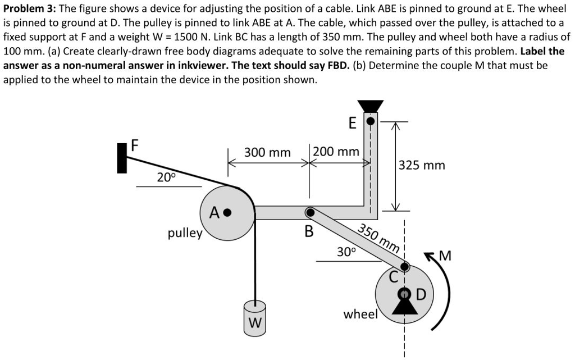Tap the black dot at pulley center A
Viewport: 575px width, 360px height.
[227, 213]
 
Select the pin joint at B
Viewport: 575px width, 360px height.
[309, 212]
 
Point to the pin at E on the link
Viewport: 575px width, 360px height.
[370, 120]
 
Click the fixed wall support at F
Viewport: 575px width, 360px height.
[122, 158]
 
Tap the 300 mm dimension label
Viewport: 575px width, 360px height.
[267, 153]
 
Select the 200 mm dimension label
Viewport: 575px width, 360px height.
[336, 152]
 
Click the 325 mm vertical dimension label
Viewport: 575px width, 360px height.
[421, 165]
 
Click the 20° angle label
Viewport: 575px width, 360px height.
[166, 177]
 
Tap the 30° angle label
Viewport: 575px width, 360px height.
[346, 252]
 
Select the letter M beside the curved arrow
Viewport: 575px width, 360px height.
[445, 257]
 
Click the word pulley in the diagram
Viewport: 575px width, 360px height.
[185, 233]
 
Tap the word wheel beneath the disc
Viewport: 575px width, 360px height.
[360, 314]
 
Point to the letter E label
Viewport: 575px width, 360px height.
[352, 123]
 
